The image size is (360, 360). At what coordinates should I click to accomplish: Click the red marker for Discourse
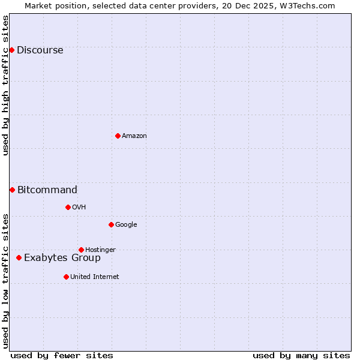[x=11, y=50]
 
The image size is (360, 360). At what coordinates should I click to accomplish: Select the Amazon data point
[x=118, y=136]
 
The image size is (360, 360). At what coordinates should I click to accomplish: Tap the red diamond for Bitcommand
[x=12, y=190]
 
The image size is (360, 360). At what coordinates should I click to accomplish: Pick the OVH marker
[x=68, y=207]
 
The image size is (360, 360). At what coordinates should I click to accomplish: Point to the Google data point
[x=111, y=224]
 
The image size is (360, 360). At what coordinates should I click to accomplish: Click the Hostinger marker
[x=81, y=250]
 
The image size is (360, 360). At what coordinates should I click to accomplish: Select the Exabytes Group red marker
[x=19, y=257]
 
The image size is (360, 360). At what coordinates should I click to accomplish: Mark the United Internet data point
[x=66, y=277]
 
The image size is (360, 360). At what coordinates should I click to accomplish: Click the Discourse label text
[x=40, y=50]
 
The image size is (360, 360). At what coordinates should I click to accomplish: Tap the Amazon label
[x=134, y=136]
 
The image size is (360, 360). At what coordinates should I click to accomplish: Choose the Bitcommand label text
[x=47, y=190]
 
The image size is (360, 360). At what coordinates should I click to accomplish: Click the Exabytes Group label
[x=62, y=258]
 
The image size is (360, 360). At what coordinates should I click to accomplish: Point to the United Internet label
[x=94, y=277]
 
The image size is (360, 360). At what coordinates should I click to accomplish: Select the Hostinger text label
[x=100, y=250]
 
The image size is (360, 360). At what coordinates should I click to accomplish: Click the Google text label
[x=126, y=225]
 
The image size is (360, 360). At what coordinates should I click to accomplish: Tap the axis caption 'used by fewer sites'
[x=62, y=355]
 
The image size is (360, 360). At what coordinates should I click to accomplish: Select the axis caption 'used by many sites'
[x=301, y=355]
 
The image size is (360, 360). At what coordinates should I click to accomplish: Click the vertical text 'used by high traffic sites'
[x=5, y=85]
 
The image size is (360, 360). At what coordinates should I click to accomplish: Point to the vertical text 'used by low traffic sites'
[x=5, y=281]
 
